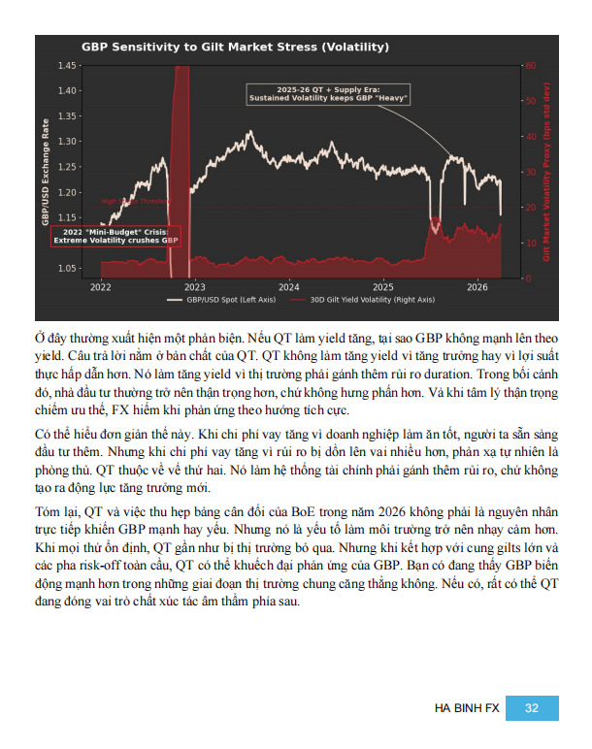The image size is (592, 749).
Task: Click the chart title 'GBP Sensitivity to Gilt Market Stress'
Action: click(x=235, y=47)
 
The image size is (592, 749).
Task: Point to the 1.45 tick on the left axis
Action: click(x=67, y=65)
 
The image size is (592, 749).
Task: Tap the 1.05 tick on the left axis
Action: click(x=67, y=268)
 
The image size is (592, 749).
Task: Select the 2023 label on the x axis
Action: click(x=194, y=287)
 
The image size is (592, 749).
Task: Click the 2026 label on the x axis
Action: click(x=477, y=287)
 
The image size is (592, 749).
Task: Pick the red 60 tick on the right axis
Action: click(x=529, y=65)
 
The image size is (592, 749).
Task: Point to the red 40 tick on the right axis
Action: click(x=529, y=136)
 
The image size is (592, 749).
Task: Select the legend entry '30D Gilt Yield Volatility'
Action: click(x=373, y=300)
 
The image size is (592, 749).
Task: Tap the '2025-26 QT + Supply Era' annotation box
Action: click(x=328, y=93)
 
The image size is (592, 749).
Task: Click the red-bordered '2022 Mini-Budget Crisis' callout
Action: click(x=114, y=236)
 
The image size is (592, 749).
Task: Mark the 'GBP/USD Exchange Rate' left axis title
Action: click(x=45, y=173)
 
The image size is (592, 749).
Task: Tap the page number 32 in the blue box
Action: click(x=532, y=708)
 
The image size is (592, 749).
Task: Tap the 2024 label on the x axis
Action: click(x=288, y=287)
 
